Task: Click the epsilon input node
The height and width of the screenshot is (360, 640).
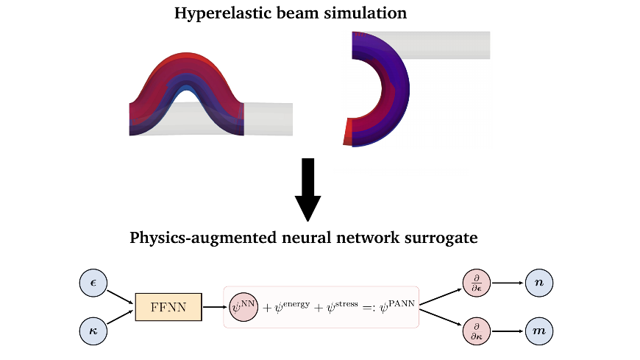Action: pyautogui.click(x=93, y=283)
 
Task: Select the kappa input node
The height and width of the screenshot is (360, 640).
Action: pyautogui.click(x=93, y=331)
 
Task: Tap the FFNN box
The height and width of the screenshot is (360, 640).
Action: pyautogui.click(x=168, y=307)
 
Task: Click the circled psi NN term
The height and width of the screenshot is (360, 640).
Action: pyautogui.click(x=243, y=307)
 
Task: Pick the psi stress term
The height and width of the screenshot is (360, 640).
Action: pyautogui.click(x=342, y=306)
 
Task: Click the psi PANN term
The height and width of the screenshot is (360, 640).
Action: pyautogui.click(x=397, y=306)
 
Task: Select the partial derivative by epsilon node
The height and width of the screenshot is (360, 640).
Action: pyautogui.click(x=477, y=283)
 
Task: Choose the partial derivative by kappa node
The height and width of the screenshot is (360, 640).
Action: pyautogui.click(x=477, y=331)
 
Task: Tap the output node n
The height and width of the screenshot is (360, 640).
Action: pyautogui.click(x=538, y=283)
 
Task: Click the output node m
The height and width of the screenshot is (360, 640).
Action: pyautogui.click(x=538, y=331)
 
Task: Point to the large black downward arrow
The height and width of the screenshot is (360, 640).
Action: pyautogui.click(x=307, y=190)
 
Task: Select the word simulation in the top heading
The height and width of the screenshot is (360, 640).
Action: pyautogui.click(x=366, y=13)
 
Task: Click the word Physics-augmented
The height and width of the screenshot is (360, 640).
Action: pyautogui.click(x=203, y=238)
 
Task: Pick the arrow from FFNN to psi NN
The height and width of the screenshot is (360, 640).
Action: pyautogui.click(x=215, y=307)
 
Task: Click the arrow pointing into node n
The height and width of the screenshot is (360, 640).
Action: pyautogui.click(x=508, y=283)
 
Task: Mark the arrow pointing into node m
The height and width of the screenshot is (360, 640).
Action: pyautogui.click(x=508, y=331)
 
